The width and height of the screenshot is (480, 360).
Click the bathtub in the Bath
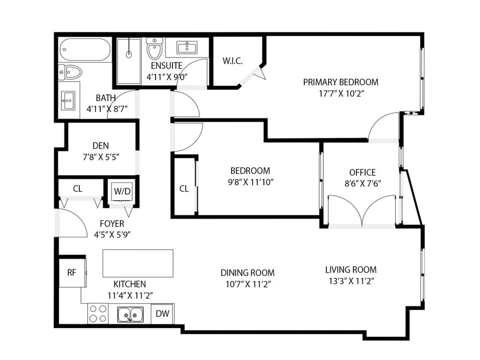[85, 50]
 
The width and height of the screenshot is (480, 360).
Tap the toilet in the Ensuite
[154, 49]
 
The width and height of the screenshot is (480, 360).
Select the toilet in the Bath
[70, 72]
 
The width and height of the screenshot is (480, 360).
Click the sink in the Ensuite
[187, 47]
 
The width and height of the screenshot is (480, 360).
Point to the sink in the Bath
[68, 100]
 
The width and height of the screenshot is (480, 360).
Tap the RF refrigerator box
[71, 272]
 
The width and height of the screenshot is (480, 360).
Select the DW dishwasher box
[162, 314]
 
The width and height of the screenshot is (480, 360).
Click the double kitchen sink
[130, 314]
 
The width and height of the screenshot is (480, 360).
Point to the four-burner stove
[98, 314]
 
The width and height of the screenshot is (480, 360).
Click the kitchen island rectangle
[138, 263]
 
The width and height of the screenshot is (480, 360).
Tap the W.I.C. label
[232, 61]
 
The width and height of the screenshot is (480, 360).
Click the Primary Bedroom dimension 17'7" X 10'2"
[341, 93]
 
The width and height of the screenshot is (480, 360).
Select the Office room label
[362, 172]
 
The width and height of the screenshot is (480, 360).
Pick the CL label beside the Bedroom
[184, 188]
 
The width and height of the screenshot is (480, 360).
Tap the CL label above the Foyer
[78, 189]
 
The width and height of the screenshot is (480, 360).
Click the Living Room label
[351, 270]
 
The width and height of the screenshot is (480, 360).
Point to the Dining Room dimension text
[247, 284]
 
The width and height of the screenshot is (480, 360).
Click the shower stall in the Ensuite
[129, 61]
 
